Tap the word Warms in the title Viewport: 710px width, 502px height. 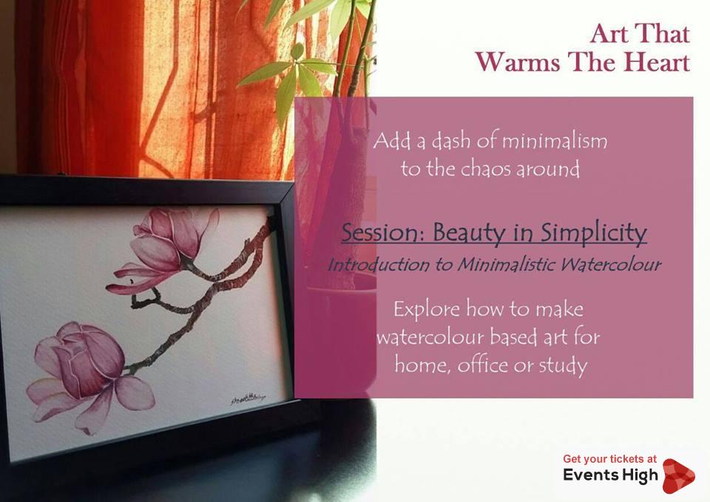[518, 62]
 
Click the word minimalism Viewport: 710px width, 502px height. [555, 141]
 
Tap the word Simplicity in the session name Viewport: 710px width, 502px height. [594, 234]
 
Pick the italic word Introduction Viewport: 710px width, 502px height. [379, 264]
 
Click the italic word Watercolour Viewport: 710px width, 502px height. [611, 264]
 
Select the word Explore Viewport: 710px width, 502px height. [427, 309]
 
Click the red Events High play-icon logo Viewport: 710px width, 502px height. [677, 476]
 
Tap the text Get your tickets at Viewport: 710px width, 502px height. [609, 459]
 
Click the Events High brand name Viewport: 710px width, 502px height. [610, 475]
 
